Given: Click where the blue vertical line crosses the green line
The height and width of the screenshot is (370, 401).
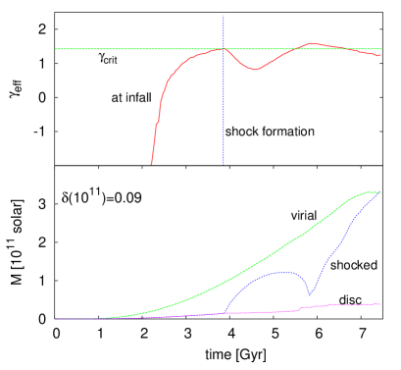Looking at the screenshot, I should tap(224, 48).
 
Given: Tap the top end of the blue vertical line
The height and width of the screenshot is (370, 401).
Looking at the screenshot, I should tap(224, 16).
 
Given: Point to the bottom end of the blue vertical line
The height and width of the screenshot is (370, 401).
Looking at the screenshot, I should tap(224, 164).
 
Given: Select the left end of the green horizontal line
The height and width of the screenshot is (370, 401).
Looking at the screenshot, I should tap(56, 48).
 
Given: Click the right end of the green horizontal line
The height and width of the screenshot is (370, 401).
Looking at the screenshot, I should tap(381, 48).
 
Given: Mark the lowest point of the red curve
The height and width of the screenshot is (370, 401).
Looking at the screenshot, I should tap(152, 164).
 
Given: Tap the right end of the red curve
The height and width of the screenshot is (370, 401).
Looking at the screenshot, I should tap(380, 55).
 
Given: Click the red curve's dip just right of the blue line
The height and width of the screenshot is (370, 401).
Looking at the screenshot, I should tap(254, 70).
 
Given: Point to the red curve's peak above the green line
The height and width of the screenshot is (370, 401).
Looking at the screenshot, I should tap(312, 43).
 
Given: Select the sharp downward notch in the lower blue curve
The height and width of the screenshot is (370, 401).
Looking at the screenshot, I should tap(309, 294).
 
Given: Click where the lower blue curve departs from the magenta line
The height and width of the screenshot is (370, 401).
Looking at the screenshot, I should tap(225, 312).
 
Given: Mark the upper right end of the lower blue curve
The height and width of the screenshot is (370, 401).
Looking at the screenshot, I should tap(380, 192).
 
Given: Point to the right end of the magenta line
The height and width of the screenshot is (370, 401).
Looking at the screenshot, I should tap(380, 304).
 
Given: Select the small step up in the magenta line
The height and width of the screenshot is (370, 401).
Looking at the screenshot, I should tap(298, 308).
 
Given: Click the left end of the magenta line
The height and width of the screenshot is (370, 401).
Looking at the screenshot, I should tap(56, 319).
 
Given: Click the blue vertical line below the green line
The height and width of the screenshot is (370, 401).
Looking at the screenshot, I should tap(224, 108).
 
